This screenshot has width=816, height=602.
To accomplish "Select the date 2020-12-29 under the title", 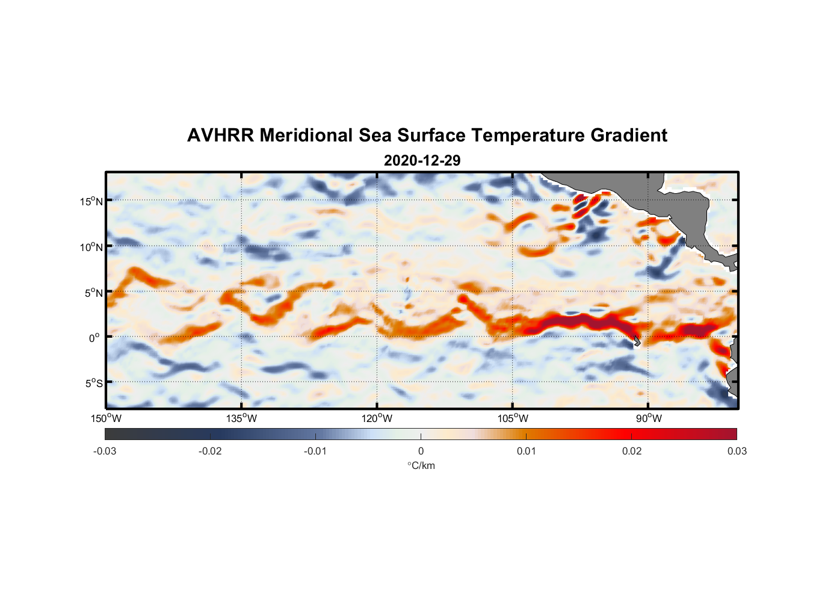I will pos(422,161).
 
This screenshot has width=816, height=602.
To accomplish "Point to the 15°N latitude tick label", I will pos(91,201).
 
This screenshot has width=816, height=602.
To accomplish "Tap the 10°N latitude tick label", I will pos(91,247).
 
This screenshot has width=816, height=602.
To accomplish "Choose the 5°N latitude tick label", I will pos(93,293).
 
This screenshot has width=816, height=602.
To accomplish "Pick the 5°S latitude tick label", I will pos(93,383).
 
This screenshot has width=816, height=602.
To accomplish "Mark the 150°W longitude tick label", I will pos(106,418).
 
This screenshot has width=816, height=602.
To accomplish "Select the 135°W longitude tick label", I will pos(242,418).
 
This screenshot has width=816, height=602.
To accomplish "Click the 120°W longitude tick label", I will pos(377,418).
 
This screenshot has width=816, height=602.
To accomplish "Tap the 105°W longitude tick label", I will pos(513,418).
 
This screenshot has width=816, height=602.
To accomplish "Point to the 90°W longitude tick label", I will pos(649,418).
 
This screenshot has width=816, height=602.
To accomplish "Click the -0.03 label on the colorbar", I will pos(105,451).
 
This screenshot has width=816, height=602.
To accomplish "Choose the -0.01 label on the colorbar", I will pos(315,451).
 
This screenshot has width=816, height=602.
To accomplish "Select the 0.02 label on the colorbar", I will pos(632,451).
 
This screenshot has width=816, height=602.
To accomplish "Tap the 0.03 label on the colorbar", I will pos(737,451).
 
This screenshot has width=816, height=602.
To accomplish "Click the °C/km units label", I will pos(421,465).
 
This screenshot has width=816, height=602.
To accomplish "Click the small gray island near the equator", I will pos(637,341).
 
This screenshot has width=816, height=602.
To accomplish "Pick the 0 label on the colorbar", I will pos(421,451).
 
